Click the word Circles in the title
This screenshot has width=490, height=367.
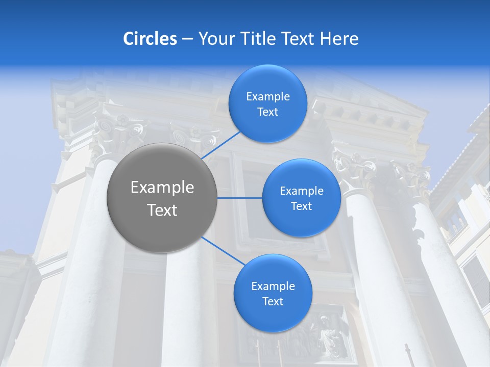point(150,39)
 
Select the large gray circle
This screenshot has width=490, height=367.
point(162,198)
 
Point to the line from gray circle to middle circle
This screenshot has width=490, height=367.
point(240,198)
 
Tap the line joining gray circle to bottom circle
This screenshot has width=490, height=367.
point(223,251)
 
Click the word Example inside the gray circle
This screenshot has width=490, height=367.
point(162,188)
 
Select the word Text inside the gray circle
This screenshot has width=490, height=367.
point(162,210)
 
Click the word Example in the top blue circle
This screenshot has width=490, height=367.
point(267,97)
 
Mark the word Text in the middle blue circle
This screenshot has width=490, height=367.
point(301,206)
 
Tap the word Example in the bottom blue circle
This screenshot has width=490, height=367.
point(273,286)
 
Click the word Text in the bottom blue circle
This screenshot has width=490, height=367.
point(273,302)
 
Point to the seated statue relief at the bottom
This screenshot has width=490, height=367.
point(327,336)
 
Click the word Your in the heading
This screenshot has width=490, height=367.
point(214,39)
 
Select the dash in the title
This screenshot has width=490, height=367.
point(187,39)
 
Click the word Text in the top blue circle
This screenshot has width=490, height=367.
point(267,112)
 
